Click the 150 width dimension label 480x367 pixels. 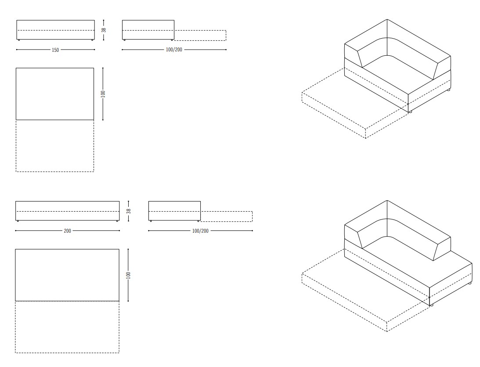pos(55,50)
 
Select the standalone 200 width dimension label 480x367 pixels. pos(67,231)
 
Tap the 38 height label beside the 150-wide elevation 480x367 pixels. pos(104,30)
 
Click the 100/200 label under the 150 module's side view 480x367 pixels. pos(174,50)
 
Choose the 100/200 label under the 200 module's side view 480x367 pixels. pos(200,231)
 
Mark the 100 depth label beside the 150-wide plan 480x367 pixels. pos(103,94)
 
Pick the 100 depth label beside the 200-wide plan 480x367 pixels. pos(128,275)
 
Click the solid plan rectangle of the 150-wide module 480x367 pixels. pos(55,94)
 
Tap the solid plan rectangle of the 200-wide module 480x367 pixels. pos(67,275)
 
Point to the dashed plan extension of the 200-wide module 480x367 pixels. pos(67,327)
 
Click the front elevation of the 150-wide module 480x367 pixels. pos(55,30)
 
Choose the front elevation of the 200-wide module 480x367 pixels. pos(67,211)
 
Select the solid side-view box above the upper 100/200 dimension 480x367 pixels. pos(148,30)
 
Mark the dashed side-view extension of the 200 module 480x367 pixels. pos(227,216)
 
